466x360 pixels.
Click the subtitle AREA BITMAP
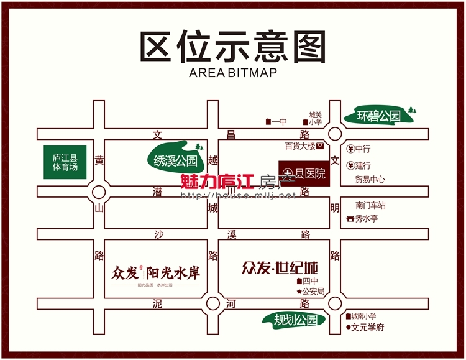233,72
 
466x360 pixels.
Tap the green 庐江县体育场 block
65,163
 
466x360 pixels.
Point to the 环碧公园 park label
378,116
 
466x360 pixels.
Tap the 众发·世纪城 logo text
280,269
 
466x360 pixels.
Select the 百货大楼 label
301,147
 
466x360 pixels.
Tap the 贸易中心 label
370,180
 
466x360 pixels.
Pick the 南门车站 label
371,205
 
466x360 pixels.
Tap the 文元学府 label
368,327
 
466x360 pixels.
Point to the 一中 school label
278,122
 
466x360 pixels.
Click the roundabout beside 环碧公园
336,134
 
